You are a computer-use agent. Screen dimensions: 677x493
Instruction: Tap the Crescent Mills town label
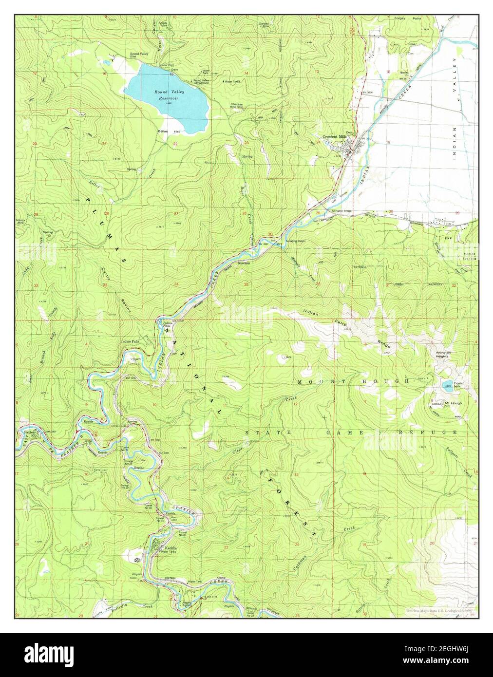click(x=335, y=137)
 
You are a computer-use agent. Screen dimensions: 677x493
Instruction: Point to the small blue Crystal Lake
click(x=447, y=387)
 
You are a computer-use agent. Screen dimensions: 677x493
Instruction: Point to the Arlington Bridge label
click(x=341, y=210)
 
